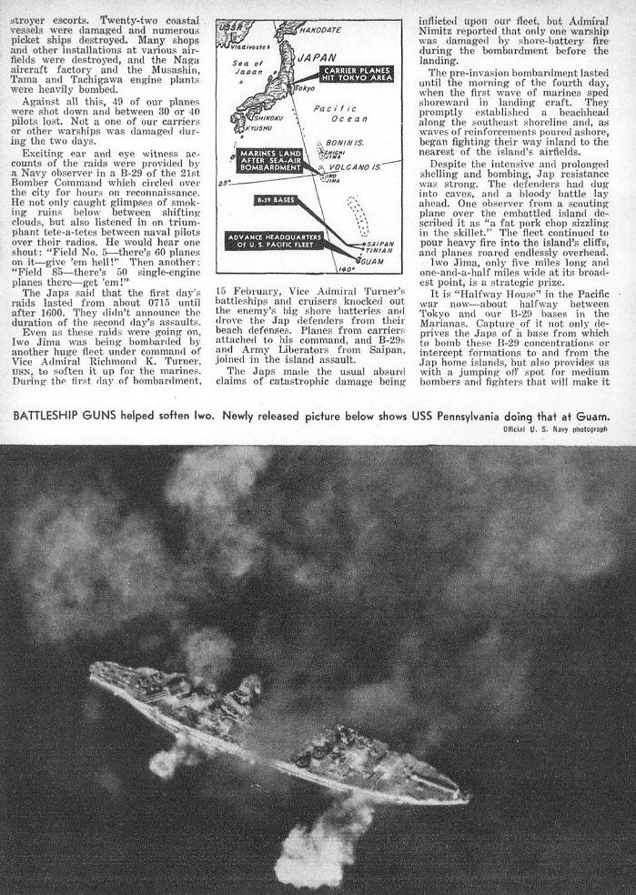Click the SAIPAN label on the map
pyautogui.click(x=380, y=244)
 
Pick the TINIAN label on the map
pyautogui.click(x=379, y=251)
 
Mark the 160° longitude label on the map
pyautogui.click(x=344, y=270)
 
